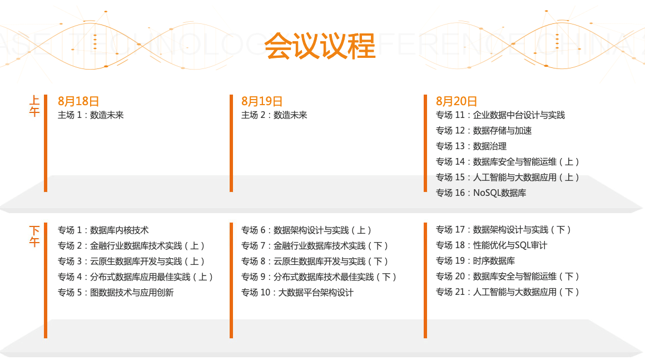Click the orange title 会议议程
320,46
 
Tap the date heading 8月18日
78,101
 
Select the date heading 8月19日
262,101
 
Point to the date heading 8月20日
456,101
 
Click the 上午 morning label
34,106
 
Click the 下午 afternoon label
34,236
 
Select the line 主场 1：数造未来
91,115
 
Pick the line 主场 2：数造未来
274,115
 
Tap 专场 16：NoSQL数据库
481,193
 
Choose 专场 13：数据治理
471,146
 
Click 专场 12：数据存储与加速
484,131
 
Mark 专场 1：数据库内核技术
103,230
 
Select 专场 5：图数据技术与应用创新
116,293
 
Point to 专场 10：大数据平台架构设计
297,293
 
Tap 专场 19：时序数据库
475,261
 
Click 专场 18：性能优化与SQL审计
491,245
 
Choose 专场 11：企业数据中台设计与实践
500,115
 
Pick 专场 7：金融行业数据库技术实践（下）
314,246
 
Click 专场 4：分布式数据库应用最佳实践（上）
135,277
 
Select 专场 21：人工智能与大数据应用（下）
507,292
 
